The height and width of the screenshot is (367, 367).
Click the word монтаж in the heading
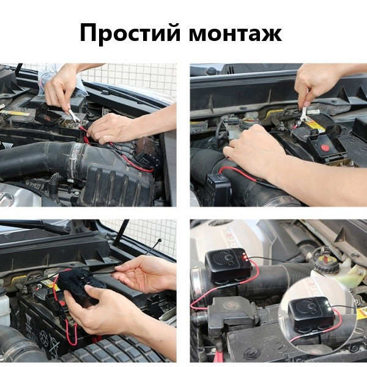tap(235, 33)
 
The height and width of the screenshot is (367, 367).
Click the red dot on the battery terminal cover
tap(325, 147)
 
